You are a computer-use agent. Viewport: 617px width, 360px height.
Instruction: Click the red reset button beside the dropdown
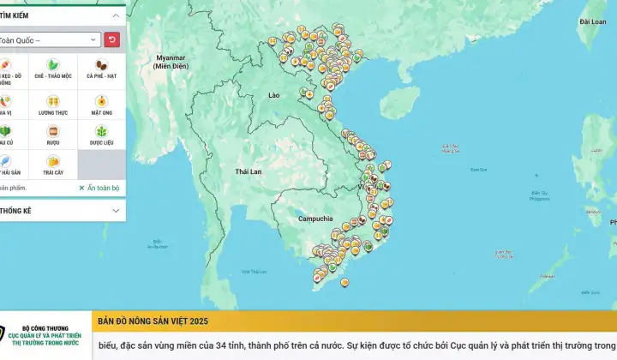112,39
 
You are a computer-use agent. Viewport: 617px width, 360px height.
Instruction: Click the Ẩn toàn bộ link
99,188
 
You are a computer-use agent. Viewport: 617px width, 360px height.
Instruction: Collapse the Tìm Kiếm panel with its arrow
116,15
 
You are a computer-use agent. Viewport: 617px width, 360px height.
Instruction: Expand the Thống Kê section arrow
116,210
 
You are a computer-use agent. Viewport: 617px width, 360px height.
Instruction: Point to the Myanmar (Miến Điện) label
171,62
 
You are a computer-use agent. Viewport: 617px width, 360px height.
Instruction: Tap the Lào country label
274,95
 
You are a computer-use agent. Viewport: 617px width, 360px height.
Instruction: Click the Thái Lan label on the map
248,172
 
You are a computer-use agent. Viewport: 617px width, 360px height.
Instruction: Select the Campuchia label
314,218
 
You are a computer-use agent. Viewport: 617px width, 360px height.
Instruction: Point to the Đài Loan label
592,21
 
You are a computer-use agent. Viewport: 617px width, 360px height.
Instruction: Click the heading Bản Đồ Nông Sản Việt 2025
153,321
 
